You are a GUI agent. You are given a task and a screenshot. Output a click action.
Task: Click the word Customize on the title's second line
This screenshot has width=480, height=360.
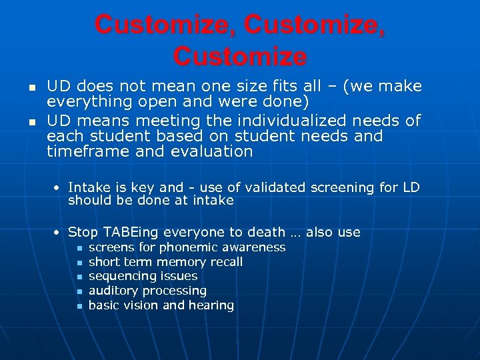[x=240, y=56]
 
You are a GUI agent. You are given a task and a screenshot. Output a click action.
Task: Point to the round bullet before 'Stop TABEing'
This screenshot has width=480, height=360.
[x=59, y=233]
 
